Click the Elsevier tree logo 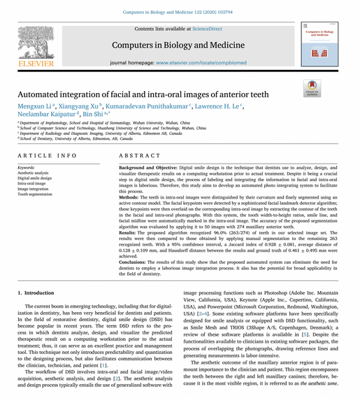point(35,43)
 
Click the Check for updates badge point(311,88)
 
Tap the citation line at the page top point(180,12)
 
